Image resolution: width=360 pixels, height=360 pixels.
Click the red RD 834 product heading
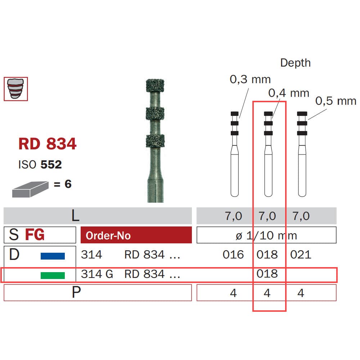[x=47, y=144]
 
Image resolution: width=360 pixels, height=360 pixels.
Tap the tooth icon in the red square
[x=15, y=89]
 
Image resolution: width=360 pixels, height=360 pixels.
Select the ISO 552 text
[x=40, y=165]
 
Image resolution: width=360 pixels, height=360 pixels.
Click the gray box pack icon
[x=30, y=189]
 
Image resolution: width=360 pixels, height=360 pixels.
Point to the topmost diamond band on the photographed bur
[x=155, y=86]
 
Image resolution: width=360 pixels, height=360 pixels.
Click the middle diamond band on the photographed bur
[x=155, y=113]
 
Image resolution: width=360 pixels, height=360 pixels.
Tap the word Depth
[x=295, y=63]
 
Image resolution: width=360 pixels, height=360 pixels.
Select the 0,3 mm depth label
[x=250, y=79]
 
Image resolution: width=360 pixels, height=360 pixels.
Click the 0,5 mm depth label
[x=336, y=101]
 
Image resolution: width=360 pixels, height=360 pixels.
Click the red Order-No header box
[x=136, y=235]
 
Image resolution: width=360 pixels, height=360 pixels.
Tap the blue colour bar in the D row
[x=53, y=256]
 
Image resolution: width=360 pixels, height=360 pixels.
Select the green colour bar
[x=53, y=275]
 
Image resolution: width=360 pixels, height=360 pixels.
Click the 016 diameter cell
[x=233, y=255]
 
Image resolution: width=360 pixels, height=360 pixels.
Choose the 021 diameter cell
[x=301, y=255]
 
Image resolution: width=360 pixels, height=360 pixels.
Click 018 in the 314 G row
[x=267, y=274]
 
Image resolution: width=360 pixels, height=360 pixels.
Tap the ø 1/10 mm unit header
[x=266, y=235]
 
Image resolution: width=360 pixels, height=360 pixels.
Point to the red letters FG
[x=35, y=235]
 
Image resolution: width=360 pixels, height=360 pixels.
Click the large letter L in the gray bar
[x=75, y=216]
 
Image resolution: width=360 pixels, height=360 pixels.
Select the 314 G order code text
[x=97, y=274]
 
